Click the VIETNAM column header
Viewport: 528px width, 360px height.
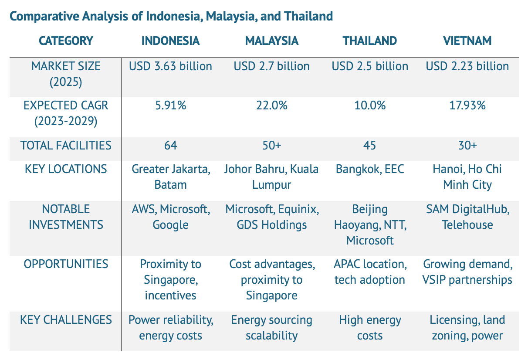point(467,41)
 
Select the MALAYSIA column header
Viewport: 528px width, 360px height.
point(271,41)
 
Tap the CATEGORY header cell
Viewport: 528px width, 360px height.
point(66,41)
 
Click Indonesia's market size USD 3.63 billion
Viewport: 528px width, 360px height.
point(170,66)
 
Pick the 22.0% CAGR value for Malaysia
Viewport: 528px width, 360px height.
point(271,105)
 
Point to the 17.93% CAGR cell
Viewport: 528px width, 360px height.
point(467,105)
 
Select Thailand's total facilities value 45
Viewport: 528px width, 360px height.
point(369,145)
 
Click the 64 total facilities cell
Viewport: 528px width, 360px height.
point(170,145)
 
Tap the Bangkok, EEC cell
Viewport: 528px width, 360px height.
point(369,169)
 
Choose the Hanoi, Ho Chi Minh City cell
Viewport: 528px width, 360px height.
point(467,177)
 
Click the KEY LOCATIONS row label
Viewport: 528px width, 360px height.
point(66,169)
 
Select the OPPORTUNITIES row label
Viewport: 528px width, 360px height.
point(66,264)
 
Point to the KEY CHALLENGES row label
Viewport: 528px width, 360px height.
point(66,320)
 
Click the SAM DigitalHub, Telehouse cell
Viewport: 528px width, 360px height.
point(467,217)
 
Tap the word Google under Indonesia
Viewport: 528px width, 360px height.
point(170,225)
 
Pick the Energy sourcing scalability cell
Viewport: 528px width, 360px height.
point(271,328)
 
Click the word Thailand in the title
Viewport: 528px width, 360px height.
point(308,16)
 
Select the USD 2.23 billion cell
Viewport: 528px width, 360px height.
point(467,66)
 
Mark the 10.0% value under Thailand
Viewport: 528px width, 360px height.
point(369,105)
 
